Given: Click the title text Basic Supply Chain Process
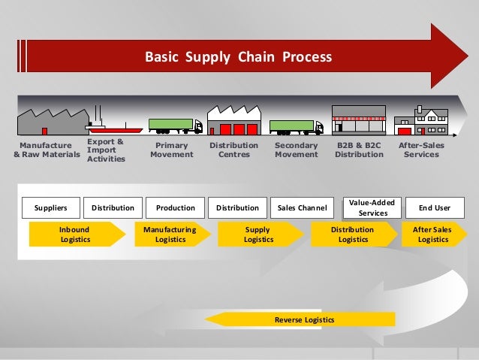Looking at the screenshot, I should (x=238, y=57).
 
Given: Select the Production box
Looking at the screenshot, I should (x=175, y=207).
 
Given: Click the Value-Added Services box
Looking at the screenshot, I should (x=368, y=207).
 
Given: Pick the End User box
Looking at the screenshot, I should (x=432, y=207).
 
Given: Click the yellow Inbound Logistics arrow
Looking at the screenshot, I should (x=74, y=234).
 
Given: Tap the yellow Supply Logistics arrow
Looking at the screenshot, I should (x=258, y=234).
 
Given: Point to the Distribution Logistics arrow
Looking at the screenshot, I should (x=352, y=234).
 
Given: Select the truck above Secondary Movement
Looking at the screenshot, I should (x=295, y=126).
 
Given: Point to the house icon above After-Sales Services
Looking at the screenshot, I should (x=421, y=121).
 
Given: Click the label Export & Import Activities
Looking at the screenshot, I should (x=106, y=150).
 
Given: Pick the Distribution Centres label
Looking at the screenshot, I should (x=233, y=150).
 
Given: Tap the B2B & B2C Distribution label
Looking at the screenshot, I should (x=359, y=150).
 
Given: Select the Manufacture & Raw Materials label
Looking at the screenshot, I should (x=47, y=150).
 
